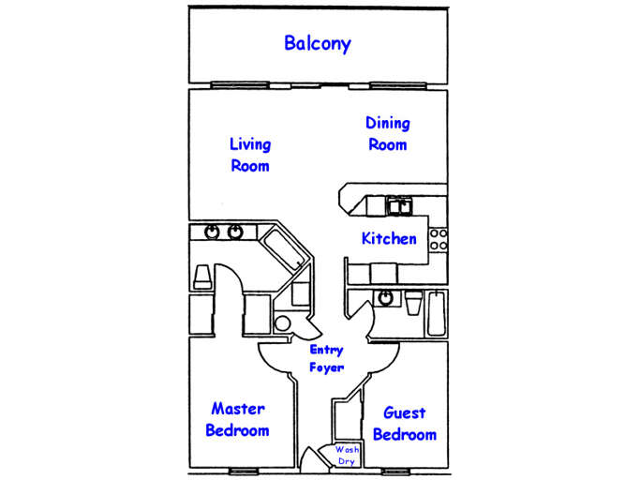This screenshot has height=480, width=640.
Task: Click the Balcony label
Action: click(x=318, y=43)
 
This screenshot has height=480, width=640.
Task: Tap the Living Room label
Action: click(x=250, y=155)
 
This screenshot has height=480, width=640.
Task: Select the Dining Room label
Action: click(x=387, y=134)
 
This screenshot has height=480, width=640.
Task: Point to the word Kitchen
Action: click(x=389, y=238)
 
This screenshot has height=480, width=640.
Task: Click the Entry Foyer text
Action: click(x=327, y=358)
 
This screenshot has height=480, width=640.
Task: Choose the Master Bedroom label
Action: click(x=237, y=420)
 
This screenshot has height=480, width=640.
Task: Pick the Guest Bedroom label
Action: click(x=405, y=424)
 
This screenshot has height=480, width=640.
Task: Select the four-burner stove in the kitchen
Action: click(x=439, y=240)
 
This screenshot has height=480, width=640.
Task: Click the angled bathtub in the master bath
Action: click(x=285, y=249)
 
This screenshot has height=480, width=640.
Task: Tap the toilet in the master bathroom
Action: click(x=201, y=276)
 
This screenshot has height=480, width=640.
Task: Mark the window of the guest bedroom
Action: click(x=395, y=470)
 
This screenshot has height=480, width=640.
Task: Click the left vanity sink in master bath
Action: click(x=213, y=232)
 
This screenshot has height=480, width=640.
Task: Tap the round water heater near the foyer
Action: click(x=281, y=324)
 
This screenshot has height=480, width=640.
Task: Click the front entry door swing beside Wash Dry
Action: click(x=324, y=454)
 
